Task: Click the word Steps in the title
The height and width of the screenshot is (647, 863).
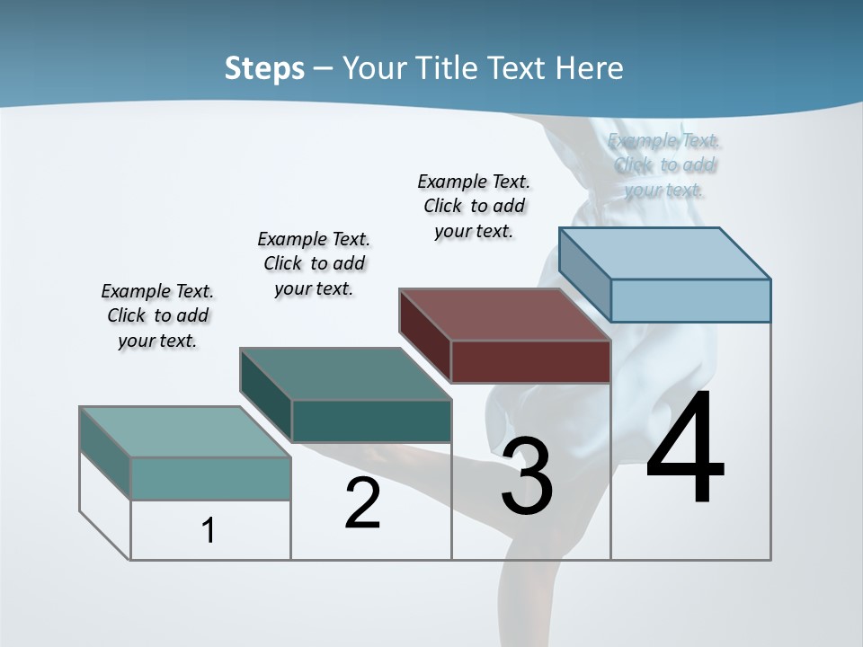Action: (264, 68)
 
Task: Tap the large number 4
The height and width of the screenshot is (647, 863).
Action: (685, 449)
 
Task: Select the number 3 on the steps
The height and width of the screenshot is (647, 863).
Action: (527, 476)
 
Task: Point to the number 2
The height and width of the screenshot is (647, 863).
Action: (362, 503)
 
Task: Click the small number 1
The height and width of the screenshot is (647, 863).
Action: (209, 530)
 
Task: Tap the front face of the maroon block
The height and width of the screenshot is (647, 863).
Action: (530, 362)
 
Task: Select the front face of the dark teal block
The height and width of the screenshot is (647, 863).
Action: (371, 421)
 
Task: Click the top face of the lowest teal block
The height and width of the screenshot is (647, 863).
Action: (185, 432)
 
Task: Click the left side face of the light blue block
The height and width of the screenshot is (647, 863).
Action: (584, 273)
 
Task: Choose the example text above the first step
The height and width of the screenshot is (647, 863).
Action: (157, 315)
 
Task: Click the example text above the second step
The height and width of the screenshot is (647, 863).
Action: (314, 263)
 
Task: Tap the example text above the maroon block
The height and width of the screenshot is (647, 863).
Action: (474, 206)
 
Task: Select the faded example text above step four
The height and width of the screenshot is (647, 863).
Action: (664, 164)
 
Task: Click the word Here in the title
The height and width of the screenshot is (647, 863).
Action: (590, 68)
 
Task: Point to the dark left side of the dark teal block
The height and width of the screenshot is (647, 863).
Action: (265, 393)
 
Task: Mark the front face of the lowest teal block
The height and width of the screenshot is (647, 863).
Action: (210, 478)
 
